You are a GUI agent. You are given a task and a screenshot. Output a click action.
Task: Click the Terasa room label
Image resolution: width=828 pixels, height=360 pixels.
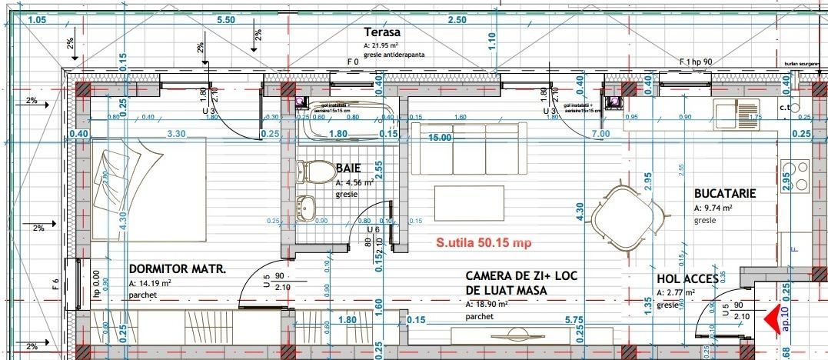(x=382, y=32)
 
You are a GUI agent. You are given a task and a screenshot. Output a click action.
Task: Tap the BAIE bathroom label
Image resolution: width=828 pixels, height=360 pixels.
(x=348, y=167)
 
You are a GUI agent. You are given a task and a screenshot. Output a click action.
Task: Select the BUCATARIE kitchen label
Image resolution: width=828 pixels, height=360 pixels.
(x=725, y=195)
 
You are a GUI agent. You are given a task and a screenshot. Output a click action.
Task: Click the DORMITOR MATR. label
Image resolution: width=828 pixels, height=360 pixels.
(x=177, y=270)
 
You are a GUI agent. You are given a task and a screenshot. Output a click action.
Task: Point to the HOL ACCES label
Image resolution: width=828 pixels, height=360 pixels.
(x=687, y=279)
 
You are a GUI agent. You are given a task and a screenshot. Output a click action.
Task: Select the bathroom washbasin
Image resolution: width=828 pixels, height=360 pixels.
(x=308, y=206)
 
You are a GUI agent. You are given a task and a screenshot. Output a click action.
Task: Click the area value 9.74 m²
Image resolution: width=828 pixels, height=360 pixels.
(x=713, y=208)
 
